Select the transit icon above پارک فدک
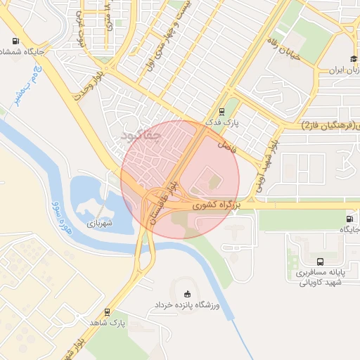(x=222, y=110)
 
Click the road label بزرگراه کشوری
(x=217, y=205)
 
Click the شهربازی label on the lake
(x=100, y=222)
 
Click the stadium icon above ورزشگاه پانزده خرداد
(x=187, y=293)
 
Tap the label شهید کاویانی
(x=321, y=283)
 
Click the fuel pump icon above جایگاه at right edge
(x=349, y=218)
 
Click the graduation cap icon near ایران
(x=353, y=59)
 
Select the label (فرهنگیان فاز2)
(x=330, y=125)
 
